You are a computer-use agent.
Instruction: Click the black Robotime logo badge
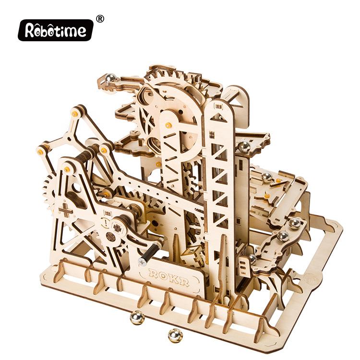[x=56, y=30]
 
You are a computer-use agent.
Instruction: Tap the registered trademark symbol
[x=100, y=19]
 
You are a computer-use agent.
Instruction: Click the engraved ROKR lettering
[x=169, y=277]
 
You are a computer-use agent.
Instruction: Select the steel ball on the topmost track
[x=110, y=78]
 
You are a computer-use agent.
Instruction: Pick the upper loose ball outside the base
[x=137, y=318]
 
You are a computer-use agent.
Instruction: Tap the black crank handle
[x=149, y=252]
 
